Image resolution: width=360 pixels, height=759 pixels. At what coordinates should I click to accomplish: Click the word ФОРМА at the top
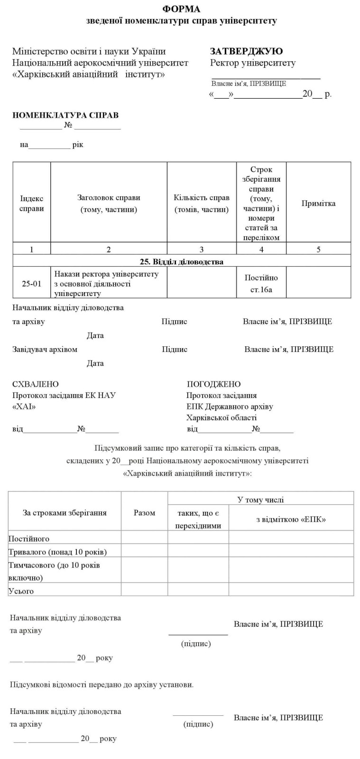click(181, 9)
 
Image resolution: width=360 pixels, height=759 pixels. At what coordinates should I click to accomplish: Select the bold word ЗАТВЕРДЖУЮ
click(246, 51)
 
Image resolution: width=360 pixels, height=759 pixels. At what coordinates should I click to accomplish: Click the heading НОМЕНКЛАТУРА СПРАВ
click(65, 115)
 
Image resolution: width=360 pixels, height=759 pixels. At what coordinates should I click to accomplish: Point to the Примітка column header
click(318, 204)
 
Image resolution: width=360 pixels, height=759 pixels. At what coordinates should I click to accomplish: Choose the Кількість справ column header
click(202, 204)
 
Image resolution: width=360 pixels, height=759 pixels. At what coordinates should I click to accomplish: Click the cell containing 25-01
click(31, 284)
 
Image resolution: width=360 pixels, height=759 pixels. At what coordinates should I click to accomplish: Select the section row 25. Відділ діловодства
click(181, 261)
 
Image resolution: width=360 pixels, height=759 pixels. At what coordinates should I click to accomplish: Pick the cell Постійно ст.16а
click(261, 284)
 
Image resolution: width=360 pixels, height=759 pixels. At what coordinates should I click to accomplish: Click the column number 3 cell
click(202, 250)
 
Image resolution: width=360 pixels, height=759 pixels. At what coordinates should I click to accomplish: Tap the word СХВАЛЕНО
click(36, 384)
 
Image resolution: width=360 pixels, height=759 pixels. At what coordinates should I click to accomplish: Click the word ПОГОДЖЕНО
click(213, 384)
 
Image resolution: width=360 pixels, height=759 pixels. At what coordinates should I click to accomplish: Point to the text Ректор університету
click(252, 63)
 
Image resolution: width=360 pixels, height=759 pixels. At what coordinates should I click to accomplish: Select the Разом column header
click(144, 513)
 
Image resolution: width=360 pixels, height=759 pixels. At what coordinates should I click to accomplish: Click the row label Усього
click(21, 591)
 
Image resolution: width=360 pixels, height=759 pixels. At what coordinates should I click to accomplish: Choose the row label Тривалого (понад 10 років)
click(57, 552)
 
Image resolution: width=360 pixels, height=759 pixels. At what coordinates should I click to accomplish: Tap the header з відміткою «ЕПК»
click(291, 519)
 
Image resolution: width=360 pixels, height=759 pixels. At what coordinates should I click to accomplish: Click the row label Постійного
click(29, 539)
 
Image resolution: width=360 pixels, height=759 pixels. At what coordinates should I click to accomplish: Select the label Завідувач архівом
click(45, 350)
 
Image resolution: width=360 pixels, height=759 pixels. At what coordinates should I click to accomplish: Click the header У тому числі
click(260, 500)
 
